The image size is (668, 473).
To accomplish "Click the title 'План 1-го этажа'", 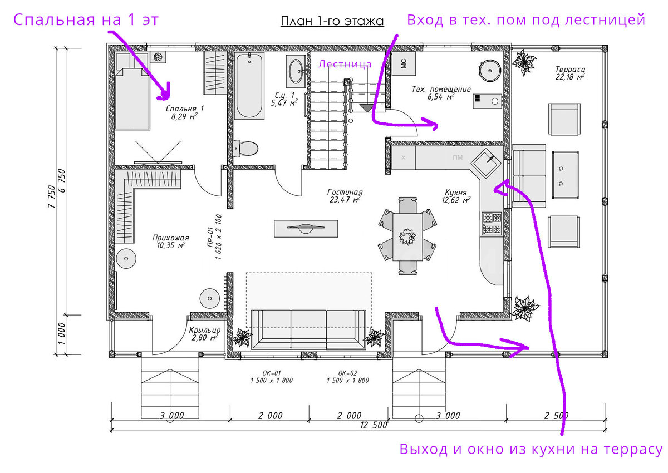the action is [x=332, y=21].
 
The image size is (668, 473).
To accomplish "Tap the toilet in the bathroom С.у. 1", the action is [x=245, y=149].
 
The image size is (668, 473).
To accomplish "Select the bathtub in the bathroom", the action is [x=249, y=86].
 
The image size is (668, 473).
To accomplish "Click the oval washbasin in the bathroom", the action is [x=296, y=71].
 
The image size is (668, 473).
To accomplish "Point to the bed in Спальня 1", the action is [x=132, y=91].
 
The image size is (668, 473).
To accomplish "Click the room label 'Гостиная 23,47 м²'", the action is [x=345, y=196].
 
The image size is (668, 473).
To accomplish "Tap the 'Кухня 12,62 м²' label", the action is [x=456, y=196].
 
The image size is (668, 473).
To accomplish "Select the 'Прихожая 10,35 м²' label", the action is [x=170, y=242].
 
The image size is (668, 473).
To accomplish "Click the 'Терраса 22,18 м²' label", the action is [x=570, y=73].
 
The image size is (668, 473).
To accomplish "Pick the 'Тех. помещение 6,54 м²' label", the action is [x=441, y=93].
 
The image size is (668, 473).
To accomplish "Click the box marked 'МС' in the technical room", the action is [x=404, y=63].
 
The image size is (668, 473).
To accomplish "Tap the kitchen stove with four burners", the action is [x=492, y=224].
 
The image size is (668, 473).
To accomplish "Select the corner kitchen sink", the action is [x=486, y=164].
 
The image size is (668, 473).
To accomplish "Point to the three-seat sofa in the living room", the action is [x=308, y=329].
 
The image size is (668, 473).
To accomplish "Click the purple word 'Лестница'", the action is [x=345, y=64].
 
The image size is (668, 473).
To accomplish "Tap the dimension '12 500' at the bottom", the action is [x=374, y=425].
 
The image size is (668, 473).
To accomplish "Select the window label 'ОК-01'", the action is [x=272, y=373].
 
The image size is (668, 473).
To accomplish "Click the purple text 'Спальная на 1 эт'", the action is [x=86, y=19].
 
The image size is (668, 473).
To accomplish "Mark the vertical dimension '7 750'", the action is [x=52, y=196].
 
